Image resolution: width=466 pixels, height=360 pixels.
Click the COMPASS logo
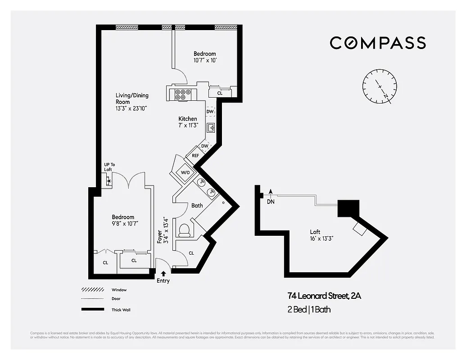point(378,43)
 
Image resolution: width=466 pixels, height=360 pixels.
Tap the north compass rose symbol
point(380,86)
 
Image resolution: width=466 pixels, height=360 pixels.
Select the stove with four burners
point(183,94)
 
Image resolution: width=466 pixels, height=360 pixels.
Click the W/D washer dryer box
point(185,172)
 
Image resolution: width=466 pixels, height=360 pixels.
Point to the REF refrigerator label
point(195,156)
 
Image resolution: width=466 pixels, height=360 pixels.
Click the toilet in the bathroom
point(184,230)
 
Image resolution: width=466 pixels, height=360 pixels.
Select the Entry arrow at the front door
point(163,273)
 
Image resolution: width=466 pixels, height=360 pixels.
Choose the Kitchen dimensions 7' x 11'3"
point(188,125)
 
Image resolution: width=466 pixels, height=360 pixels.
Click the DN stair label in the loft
point(271,202)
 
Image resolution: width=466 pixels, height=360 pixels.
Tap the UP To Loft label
point(109,167)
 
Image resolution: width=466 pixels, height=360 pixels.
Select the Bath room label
point(197,206)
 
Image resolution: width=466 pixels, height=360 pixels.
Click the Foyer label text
point(159,236)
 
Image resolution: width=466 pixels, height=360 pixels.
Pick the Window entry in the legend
point(119,290)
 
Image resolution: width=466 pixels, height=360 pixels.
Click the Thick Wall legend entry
point(121,310)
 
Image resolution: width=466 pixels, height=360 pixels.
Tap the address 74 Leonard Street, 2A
point(324,296)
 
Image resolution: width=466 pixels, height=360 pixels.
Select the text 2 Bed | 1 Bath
point(309,310)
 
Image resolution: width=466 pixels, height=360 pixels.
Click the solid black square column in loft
point(348,208)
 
